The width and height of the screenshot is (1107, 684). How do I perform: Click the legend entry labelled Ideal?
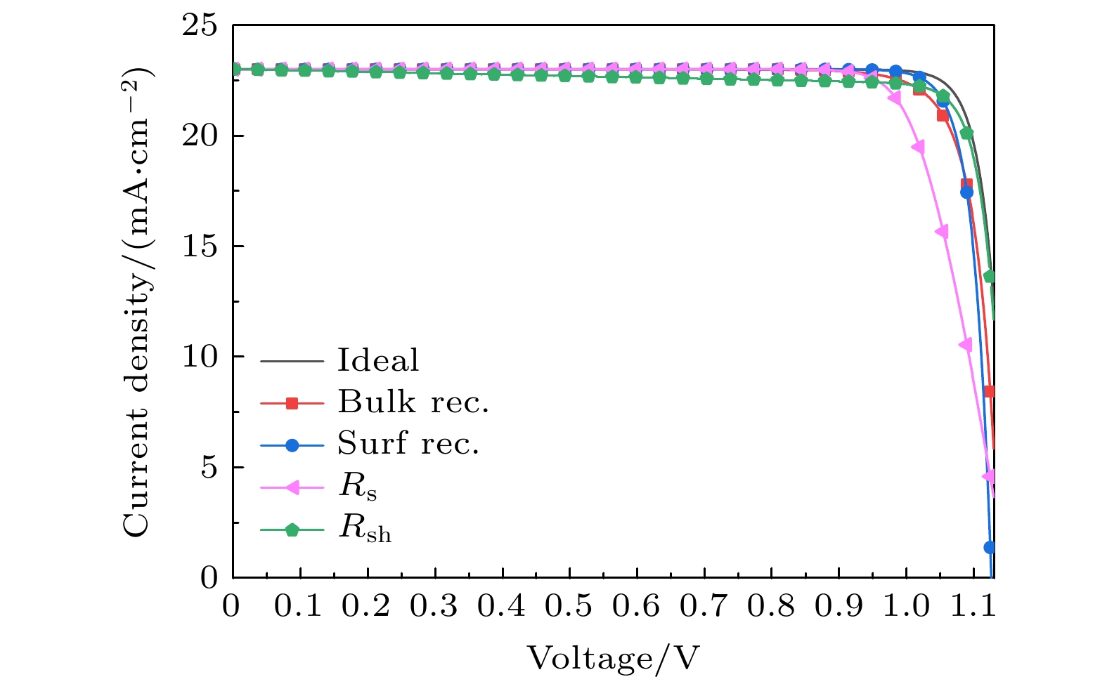pyautogui.click(x=377, y=360)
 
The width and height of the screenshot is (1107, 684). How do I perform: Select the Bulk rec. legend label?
pyautogui.click(x=413, y=402)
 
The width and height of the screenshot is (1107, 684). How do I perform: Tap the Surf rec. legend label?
pyautogui.click(x=408, y=443)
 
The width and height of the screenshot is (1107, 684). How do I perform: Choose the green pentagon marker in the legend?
pyautogui.click(x=292, y=530)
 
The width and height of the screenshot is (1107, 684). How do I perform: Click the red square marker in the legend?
pyautogui.click(x=292, y=403)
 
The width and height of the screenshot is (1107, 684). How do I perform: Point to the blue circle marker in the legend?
pyautogui.click(x=292, y=445)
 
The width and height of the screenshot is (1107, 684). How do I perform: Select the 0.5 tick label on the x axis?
pyautogui.click(x=569, y=606)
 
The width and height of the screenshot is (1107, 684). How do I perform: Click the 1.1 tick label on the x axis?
pyautogui.click(x=973, y=606)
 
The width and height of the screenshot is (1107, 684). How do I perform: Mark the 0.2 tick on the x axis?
pyautogui.click(x=367, y=606)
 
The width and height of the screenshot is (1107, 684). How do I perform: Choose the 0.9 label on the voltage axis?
pyautogui.click(x=839, y=606)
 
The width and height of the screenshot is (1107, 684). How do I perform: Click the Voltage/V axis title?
pyautogui.click(x=614, y=658)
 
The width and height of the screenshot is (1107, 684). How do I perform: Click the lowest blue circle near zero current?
pyautogui.click(x=990, y=547)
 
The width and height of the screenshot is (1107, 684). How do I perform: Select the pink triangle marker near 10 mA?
pyautogui.click(x=966, y=345)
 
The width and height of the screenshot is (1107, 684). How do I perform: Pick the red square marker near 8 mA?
pyautogui.click(x=990, y=391)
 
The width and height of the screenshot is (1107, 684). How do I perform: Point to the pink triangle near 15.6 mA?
pyautogui.click(x=942, y=232)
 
